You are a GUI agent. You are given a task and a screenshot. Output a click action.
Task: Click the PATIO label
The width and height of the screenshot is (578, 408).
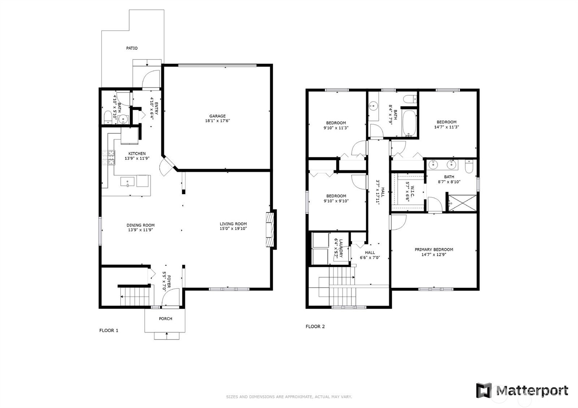(x=131, y=48)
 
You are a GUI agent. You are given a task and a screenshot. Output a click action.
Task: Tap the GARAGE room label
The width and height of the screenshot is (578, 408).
(x=217, y=116)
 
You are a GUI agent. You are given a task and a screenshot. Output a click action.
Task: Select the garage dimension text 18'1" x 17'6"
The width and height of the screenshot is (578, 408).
(x=217, y=121)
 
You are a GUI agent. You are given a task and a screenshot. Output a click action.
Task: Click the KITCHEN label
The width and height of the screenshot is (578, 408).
(x=137, y=153)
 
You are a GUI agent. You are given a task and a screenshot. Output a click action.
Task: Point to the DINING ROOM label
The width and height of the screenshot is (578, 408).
(x=141, y=225)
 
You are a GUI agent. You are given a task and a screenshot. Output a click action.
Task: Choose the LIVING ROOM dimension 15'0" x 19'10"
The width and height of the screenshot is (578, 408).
(x=233, y=229)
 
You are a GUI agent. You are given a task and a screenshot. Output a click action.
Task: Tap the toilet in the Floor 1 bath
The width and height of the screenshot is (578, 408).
(x=108, y=117)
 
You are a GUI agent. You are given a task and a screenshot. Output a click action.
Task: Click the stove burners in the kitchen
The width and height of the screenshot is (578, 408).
(x=108, y=157)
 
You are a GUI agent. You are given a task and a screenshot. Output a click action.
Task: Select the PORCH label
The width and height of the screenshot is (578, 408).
(x=165, y=319)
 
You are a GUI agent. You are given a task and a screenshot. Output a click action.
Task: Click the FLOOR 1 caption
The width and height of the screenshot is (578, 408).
(x=109, y=330)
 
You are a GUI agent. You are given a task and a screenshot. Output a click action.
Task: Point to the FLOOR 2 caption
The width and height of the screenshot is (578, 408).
(x=315, y=326)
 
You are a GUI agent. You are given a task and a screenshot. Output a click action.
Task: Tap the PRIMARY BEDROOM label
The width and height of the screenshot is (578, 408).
(x=434, y=249)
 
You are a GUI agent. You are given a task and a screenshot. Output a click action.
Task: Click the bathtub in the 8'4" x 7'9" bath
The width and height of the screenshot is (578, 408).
(x=409, y=123)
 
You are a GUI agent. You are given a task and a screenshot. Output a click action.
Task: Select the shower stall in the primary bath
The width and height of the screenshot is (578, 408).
(x=462, y=203)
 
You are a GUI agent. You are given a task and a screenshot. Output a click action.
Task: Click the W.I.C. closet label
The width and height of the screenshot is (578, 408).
(x=412, y=192)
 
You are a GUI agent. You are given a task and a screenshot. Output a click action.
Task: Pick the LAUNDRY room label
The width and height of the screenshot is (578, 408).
(x=341, y=248)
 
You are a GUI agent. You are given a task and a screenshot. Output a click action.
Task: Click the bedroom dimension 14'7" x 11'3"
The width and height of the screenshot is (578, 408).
(x=447, y=127)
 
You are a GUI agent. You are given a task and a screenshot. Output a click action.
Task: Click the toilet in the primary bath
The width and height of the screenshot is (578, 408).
(x=469, y=166)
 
